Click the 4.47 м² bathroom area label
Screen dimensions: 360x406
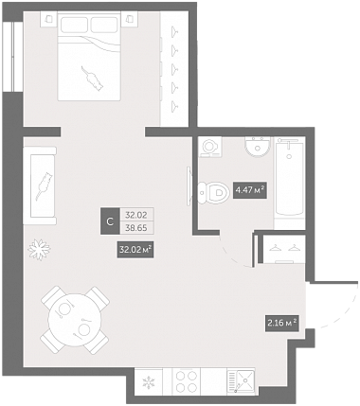coord(250,189)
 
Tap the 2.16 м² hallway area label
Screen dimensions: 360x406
coord(281,323)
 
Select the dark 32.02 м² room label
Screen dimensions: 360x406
coord(135,250)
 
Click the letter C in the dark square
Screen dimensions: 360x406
coord(110,221)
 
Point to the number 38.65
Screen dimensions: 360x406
coord(136,228)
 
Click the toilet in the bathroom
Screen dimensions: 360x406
coord(213,191)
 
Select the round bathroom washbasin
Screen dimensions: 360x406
coord(258,147)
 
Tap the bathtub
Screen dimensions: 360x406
coord(290,177)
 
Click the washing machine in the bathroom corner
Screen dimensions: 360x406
coord(210,147)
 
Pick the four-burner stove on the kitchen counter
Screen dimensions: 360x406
coord(187,381)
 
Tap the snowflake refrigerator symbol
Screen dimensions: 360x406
coord(148,382)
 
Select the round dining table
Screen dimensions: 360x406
coord(75,321)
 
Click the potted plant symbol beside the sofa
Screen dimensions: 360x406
coord(39,250)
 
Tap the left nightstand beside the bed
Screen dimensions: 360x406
coord(49,19)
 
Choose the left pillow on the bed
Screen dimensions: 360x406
coord(74,26)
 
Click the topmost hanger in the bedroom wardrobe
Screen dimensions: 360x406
coord(174,31)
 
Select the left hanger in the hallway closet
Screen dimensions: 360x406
coord(275,248)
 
